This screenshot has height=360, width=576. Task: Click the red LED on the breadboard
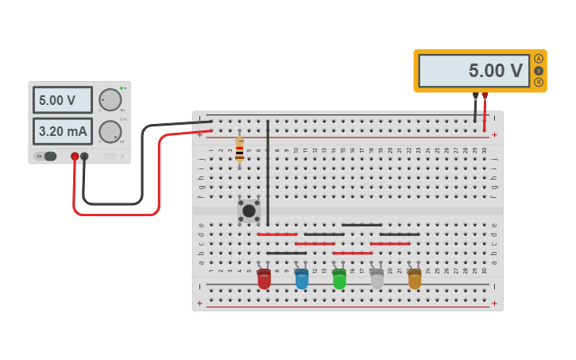coord(264,279)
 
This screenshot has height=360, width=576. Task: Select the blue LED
coord(302,279)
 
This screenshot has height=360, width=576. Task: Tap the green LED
coord(339,279)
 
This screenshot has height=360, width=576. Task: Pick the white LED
coord(377,279)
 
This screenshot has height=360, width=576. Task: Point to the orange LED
coord(415,279)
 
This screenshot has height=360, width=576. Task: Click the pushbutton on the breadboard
coord(249,211)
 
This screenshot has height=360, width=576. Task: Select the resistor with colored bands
coord(239,149)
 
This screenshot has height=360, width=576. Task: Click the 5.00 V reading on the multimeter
coord(474,71)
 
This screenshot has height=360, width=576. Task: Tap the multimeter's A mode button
coord(539,59)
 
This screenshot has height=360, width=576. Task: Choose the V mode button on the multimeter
coord(539,71)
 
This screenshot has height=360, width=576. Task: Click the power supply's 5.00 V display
coord(62,100)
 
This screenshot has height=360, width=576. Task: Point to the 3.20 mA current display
coord(62,131)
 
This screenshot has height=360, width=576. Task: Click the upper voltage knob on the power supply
coord(110,100)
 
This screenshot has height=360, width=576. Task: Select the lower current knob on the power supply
coord(110,131)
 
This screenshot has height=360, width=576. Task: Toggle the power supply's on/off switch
coord(47,157)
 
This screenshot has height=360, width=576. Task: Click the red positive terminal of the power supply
coord(75,157)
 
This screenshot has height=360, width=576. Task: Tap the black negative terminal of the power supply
coord(84,157)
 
